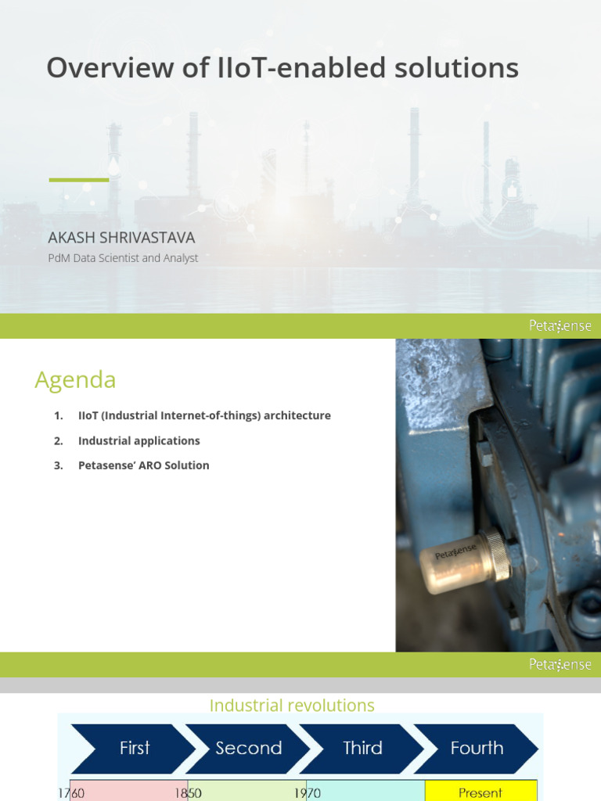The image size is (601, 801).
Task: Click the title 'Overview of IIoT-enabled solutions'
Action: click(282, 69)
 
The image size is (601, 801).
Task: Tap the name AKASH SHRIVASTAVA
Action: click(121, 237)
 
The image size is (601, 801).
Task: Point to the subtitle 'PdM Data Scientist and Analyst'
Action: click(123, 258)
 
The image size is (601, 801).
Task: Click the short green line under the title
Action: click(78, 180)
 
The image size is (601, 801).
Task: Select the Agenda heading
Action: click(75, 380)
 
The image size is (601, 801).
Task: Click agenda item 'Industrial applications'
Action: click(139, 440)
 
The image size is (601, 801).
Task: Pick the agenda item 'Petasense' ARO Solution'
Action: click(143, 465)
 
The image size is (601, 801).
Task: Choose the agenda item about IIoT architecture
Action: click(204, 415)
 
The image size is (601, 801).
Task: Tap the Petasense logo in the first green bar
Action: click(560, 326)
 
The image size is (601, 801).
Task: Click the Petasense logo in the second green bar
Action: click(560, 665)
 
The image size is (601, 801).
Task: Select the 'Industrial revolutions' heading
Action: click(292, 706)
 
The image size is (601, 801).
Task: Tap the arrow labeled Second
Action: click(248, 749)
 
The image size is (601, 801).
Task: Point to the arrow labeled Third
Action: click(362, 749)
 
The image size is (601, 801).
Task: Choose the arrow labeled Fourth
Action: click(477, 749)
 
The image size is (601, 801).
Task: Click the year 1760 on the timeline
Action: click(72, 793)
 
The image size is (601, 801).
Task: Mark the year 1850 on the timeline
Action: click(188, 793)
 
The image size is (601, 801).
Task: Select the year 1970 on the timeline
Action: click(307, 793)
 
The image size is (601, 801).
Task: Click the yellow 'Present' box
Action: click(480, 792)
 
